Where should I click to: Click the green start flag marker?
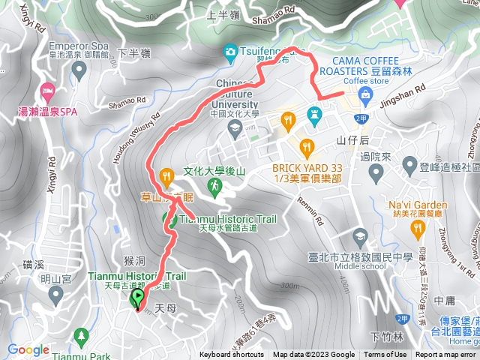coord(138,299)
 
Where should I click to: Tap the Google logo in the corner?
coord(28,349)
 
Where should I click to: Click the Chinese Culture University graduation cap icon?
coord(235,127)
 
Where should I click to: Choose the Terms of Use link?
coord(385,355)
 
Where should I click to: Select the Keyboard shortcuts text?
coord(232,355)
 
